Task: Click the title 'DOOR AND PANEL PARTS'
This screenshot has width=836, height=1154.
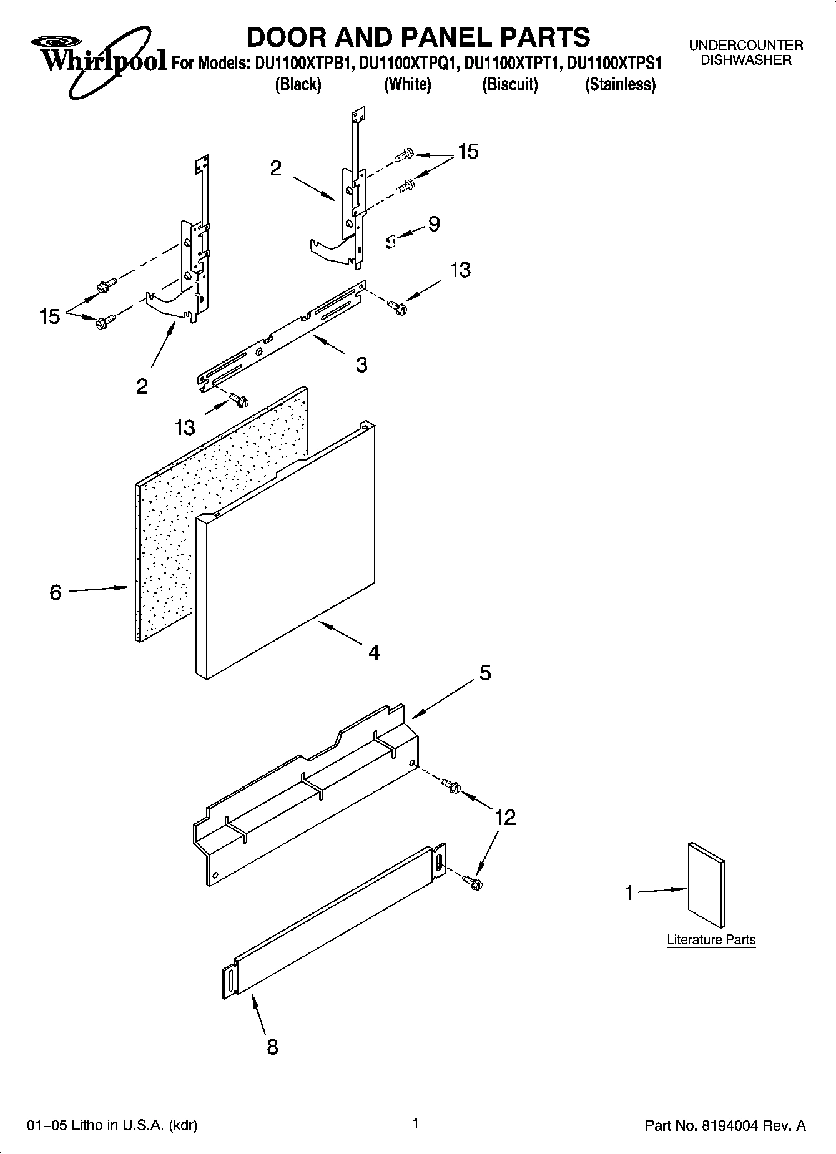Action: click(x=418, y=37)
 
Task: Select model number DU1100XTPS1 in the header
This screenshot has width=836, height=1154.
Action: click(x=614, y=64)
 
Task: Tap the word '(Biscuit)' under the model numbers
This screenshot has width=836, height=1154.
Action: click(x=509, y=85)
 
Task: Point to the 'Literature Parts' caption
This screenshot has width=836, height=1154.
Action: click(x=711, y=939)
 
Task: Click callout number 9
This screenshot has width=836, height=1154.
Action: click(x=433, y=224)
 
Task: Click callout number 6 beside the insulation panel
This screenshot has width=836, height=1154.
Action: click(x=56, y=592)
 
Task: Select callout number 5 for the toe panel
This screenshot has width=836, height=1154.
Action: click(x=485, y=673)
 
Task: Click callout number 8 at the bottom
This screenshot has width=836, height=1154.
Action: click(x=272, y=1046)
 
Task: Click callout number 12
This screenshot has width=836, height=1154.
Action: click(x=506, y=817)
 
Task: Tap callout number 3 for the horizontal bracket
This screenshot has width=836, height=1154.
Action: click(x=361, y=364)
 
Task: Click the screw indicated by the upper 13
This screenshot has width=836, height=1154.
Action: click(x=396, y=306)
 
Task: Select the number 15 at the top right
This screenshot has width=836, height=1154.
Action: click(x=468, y=151)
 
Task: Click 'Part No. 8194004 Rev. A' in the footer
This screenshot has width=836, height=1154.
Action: click(x=724, y=1125)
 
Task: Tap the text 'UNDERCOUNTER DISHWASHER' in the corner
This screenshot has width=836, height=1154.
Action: click(x=745, y=53)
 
